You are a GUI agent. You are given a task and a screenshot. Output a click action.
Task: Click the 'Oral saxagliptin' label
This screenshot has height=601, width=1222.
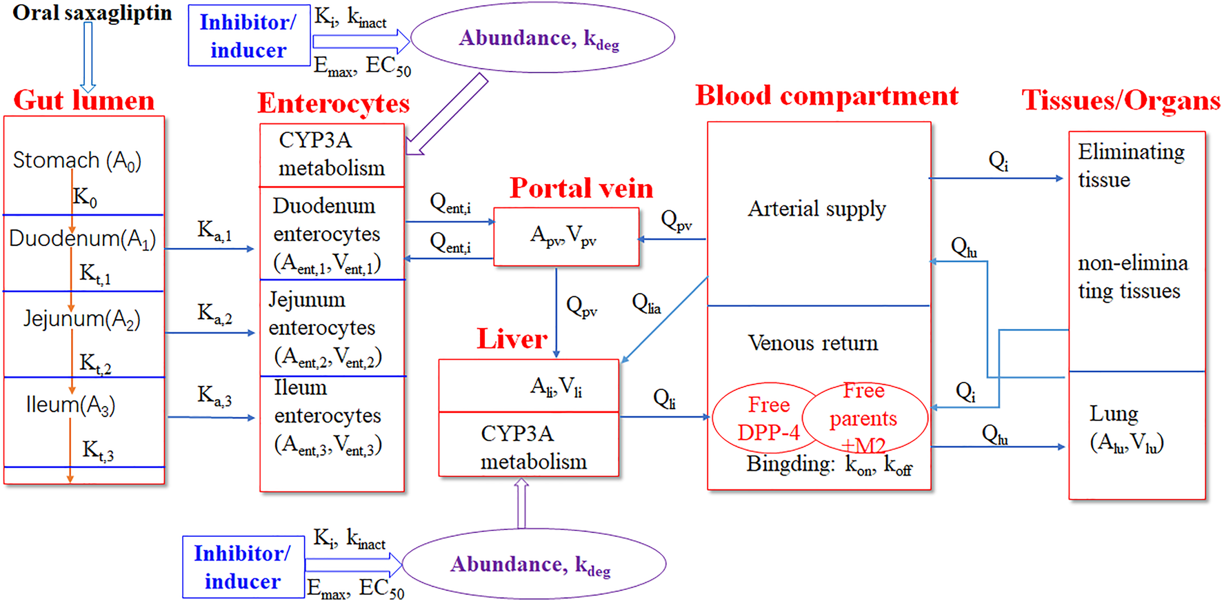tap(92, 13)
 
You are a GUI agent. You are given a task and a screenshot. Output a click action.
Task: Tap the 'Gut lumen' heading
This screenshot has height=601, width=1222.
tap(84, 101)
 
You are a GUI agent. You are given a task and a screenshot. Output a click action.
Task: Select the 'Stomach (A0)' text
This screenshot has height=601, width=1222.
tap(77, 161)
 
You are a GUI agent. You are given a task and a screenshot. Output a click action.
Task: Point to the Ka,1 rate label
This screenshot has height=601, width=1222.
tap(214, 231)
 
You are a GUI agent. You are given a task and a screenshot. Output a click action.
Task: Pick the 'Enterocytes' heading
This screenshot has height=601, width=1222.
tap(334, 103)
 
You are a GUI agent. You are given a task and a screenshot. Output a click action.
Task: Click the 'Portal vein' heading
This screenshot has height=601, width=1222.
tap(581, 188)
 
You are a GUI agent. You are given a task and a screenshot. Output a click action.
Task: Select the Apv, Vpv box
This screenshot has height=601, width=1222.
tap(566, 236)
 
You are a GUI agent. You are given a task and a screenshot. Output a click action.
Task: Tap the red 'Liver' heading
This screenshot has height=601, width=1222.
tap(512, 338)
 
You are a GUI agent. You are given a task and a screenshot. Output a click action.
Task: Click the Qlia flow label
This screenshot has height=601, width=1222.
tap(646, 303)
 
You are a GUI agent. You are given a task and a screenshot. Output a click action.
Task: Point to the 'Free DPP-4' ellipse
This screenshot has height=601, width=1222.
tap(767, 418)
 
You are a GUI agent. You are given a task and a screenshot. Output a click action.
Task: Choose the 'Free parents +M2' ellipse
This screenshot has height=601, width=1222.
tap(865, 417)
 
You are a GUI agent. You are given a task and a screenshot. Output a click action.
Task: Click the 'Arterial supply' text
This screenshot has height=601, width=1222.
tap(817, 209)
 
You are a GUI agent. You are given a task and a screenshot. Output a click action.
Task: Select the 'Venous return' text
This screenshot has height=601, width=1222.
tap(813, 343)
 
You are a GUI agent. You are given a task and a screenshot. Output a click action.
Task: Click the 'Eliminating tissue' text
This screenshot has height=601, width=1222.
tap(1131, 165)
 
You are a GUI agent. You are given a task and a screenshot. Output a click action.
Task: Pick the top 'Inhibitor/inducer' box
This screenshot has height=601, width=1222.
tap(249, 37)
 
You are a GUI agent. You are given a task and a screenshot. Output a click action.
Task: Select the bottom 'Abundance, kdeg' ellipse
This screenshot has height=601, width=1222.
tap(534, 564)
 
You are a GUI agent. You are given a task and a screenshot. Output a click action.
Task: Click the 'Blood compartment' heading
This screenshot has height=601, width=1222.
tap(827, 96)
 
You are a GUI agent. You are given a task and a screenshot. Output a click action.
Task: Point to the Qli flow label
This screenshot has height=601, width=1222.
tap(665, 398)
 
